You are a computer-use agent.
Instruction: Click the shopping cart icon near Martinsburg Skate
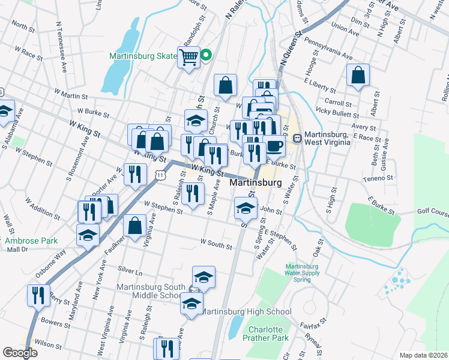[x=188, y=58]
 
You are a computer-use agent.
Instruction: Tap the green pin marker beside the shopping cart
[x=206, y=56]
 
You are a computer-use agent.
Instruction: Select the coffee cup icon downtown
[x=274, y=145]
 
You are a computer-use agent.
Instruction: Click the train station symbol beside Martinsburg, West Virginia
[x=297, y=137]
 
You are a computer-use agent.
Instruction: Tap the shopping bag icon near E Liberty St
[x=358, y=76]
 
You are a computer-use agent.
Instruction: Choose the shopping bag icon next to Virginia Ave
[x=135, y=226]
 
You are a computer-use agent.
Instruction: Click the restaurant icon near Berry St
[x=38, y=295]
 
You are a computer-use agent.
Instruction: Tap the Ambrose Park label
[x=31, y=241]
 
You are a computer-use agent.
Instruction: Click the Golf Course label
[x=432, y=212]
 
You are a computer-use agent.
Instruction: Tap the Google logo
[x=20, y=353]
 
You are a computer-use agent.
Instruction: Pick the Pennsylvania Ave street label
[x=328, y=50]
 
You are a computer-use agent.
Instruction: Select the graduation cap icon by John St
[x=245, y=208]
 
